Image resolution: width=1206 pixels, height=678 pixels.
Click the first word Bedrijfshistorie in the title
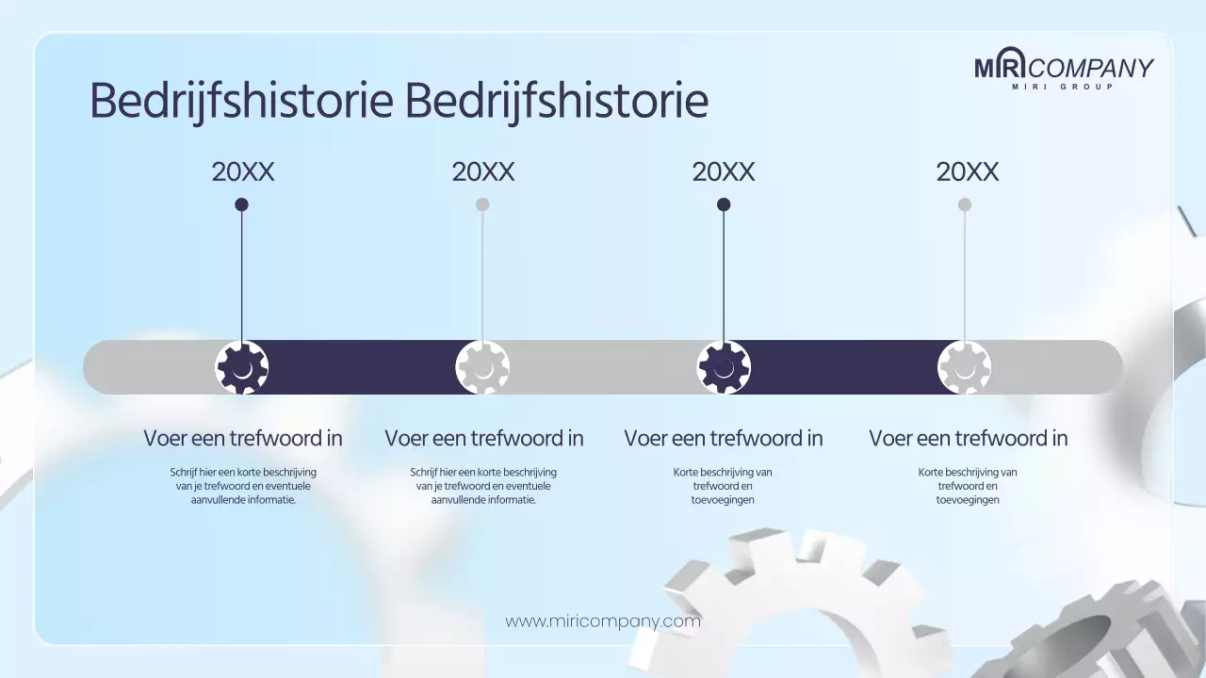point(240,101)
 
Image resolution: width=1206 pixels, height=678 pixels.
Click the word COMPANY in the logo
point(1093,68)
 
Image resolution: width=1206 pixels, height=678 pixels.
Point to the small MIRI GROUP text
point(1063,88)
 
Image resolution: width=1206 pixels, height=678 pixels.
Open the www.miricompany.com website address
point(603,621)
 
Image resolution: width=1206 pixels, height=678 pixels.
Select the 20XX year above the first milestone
point(243,172)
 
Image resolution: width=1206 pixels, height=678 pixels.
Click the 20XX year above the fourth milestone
point(968,172)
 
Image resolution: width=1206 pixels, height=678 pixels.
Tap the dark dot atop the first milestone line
point(241,204)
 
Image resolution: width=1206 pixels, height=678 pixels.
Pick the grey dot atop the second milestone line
point(482,204)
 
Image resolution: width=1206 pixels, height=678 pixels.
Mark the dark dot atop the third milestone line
point(724,204)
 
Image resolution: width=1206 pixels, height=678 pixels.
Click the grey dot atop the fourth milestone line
point(965,204)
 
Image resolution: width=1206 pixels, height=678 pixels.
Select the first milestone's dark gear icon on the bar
point(242,367)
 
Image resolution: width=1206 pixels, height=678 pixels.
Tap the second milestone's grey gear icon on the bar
point(482,367)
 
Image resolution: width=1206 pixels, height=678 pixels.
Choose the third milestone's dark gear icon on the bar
point(724,367)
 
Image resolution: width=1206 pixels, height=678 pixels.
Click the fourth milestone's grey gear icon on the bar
point(965,367)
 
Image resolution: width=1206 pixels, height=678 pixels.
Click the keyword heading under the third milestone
point(724,439)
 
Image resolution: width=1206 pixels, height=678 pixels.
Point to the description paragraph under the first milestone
point(243,486)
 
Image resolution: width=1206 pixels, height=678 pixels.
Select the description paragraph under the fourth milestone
point(968,486)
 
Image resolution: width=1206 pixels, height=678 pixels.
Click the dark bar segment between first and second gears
point(363,367)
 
